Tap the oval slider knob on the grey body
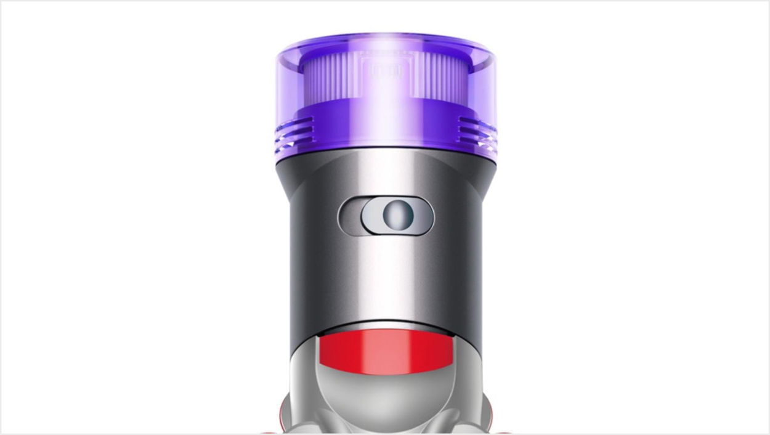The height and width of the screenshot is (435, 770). coord(397,216)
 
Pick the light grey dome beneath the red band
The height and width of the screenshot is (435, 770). coord(385,394)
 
